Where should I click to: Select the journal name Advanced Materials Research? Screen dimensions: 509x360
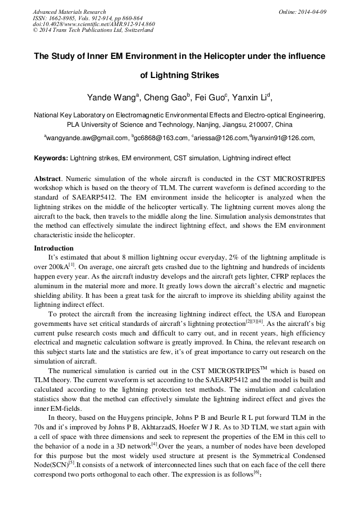point(69,12)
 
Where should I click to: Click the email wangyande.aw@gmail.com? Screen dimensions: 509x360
point(87,138)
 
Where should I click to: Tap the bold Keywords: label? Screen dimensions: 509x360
point(51,158)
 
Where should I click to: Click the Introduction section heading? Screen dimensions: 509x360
point(54,248)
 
